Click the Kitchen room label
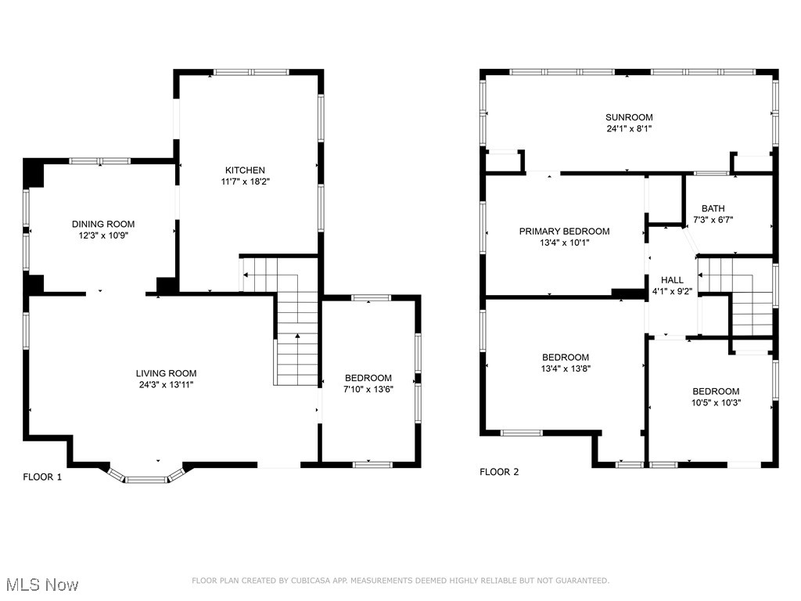pos(245,170)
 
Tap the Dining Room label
pos(103,224)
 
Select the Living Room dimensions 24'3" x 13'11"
pos(166,385)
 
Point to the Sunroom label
pos(629,117)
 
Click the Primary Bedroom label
pos(565,232)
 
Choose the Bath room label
pos(713,208)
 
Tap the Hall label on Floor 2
pos(672,280)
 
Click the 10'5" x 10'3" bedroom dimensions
pos(717,403)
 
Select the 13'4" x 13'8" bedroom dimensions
pos(566,369)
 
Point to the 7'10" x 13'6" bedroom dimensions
pos(368,390)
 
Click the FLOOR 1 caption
pos(42,477)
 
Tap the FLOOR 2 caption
pos(499,472)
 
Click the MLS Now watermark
pos(42,585)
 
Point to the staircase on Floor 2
pos(735,297)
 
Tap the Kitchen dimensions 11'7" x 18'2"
pos(245,182)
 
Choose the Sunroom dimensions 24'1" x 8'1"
pos(630,129)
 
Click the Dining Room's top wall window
pos(100,161)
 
